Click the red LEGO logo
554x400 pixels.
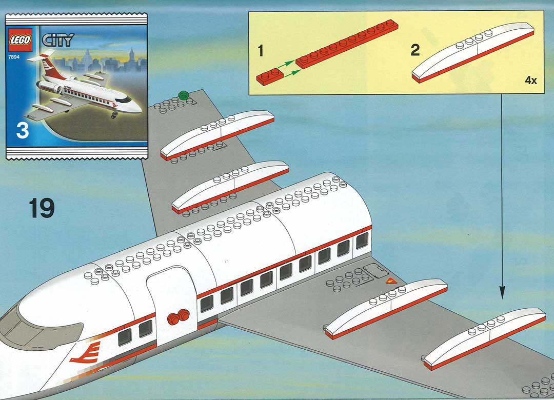(20, 39)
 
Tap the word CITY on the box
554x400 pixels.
(58, 40)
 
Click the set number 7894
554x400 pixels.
(14, 56)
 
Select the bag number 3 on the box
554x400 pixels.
(22, 130)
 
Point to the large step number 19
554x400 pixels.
(42, 208)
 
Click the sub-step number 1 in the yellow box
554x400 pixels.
(261, 51)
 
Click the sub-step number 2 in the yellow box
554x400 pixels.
(415, 50)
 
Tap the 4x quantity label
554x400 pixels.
(531, 81)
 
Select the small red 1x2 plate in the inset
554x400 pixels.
(270, 77)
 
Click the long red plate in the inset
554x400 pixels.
(347, 44)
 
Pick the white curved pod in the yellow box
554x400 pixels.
(473, 53)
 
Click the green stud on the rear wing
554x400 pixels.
(184, 95)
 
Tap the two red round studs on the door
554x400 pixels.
(179, 316)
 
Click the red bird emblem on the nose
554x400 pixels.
(86, 353)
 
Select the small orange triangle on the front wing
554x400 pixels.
(391, 281)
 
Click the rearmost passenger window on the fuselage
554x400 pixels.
(362, 241)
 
